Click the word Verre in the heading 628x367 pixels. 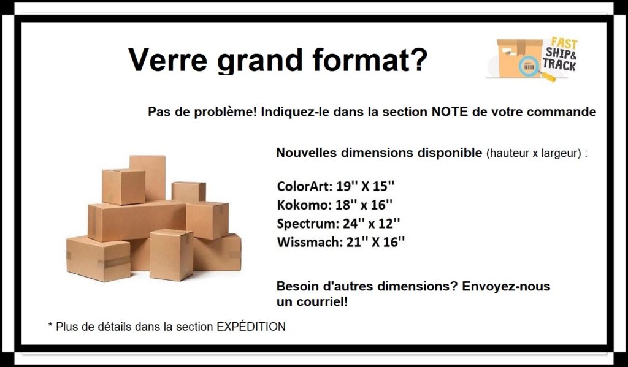click(x=167, y=59)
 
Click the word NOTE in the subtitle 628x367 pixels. click(x=450, y=112)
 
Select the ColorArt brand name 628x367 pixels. click(x=304, y=186)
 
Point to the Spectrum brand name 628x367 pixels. click(x=307, y=224)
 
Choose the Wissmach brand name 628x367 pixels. click(x=309, y=242)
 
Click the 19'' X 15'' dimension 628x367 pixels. click(x=366, y=186)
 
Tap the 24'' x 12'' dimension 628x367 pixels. click(x=371, y=223)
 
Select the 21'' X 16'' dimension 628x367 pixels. click(x=376, y=242)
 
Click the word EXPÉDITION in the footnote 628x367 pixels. click(x=251, y=327)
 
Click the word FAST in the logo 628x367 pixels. click(x=564, y=43)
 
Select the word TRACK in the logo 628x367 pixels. click(x=559, y=64)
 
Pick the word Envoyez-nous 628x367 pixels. click(x=506, y=287)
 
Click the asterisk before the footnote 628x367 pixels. click(x=50, y=325)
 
